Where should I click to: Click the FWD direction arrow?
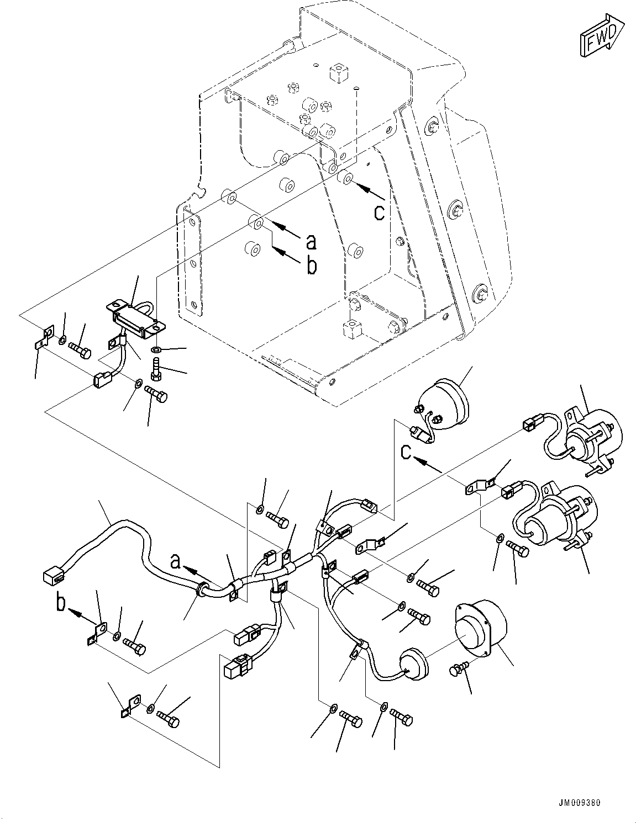pyautogui.click(x=601, y=36)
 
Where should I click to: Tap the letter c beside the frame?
pyautogui.click(x=379, y=213)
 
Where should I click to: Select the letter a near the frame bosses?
pyautogui.click(x=312, y=241)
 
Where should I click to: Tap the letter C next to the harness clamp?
pyautogui.click(x=405, y=452)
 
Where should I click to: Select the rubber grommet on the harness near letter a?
pyautogui.click(x=203, y=590)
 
